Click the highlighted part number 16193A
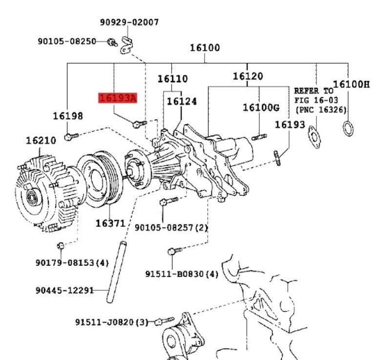[118, 98]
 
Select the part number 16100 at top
[205, 48]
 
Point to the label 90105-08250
[67, 41]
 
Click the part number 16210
[41, 140]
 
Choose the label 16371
[110, 223]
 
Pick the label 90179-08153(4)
[72, 262]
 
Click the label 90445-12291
[64, 290]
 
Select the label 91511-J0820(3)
[111, 322]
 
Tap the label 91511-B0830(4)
[182, 274]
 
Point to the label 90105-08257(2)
[171, 227]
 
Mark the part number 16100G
[261, 107]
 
